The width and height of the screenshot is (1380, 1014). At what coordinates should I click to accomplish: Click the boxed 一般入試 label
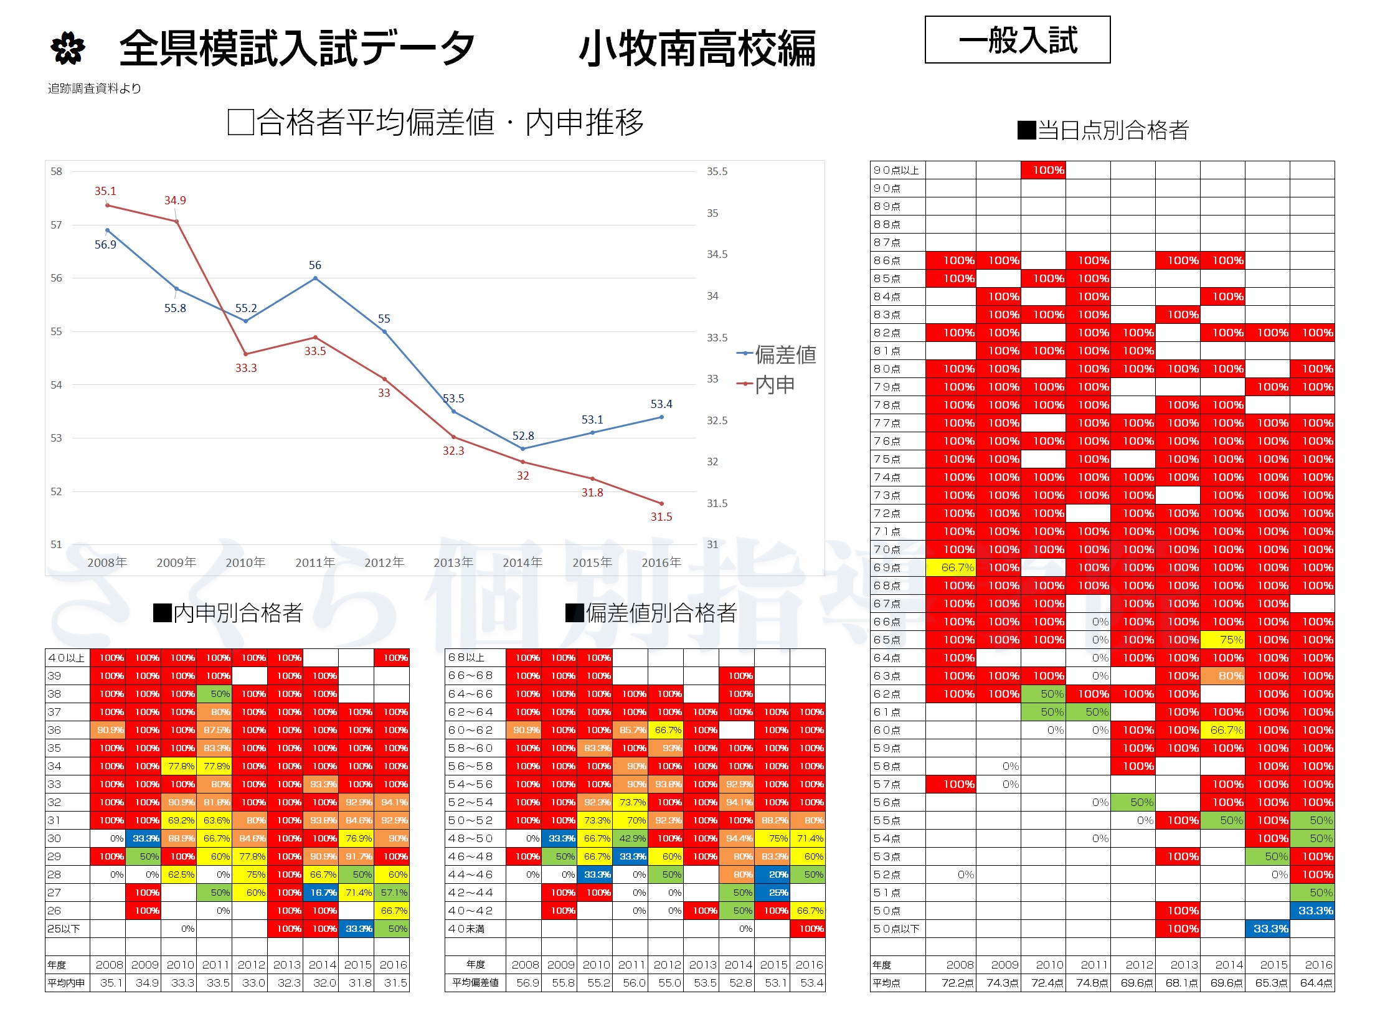[1018, 40]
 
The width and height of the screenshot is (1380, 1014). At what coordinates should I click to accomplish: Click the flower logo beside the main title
[67, 48]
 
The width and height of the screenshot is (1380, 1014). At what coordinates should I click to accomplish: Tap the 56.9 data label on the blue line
[105, 245]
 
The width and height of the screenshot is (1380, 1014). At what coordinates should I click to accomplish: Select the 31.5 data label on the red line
[661, 517]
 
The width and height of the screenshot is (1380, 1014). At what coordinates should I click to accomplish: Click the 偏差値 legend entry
[785, 355]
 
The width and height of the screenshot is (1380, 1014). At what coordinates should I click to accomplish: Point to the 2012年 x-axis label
[384, 562]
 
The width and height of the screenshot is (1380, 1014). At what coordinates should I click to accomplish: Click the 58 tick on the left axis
[56, 171]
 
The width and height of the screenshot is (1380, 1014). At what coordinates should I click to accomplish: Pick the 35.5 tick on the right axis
[717, 171]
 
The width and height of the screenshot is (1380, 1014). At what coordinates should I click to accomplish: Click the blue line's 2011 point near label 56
[316, 278]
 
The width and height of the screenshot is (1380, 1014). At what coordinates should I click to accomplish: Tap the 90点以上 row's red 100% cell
[1043, 170]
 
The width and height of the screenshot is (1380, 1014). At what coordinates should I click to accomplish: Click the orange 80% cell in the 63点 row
[1222, 676]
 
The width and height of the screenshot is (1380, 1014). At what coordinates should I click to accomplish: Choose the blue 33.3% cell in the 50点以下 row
[1267, 929]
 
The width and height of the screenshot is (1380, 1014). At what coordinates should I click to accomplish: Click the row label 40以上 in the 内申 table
[67, 658]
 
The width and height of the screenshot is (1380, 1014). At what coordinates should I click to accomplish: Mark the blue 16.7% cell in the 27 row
[321, 893]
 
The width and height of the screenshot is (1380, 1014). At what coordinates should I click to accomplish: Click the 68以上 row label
[466, 658]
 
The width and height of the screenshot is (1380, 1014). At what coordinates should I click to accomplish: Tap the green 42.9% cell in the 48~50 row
[630, 838]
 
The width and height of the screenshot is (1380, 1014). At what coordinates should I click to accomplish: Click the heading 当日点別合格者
[1104, 130]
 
